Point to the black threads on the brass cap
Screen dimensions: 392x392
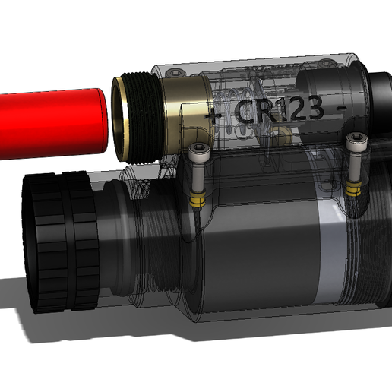click(x=140, y=118)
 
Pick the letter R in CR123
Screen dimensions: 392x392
click(x=268, y=111)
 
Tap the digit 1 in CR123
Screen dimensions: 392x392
click(x=286, y=110)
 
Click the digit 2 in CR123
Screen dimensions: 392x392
click(x=300, y=110)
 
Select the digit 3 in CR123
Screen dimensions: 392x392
click(x=318, y=109)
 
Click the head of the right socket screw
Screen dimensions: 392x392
click(x=354, y=141)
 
